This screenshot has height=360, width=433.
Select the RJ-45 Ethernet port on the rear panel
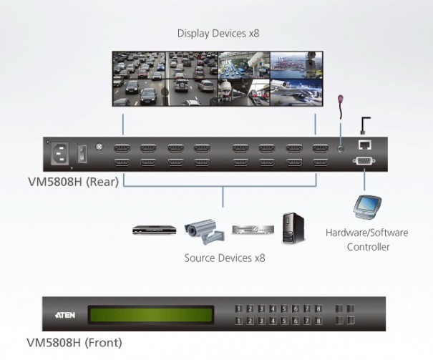[x=364, y=146]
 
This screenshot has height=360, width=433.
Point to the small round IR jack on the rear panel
[x=341, y=149]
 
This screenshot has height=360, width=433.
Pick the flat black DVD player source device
[x=153, y=230]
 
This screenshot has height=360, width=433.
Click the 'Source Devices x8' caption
[x=224, y=258]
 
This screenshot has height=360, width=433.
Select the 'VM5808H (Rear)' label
[x=75, y=183]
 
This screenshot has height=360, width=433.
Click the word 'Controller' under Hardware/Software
[x=368, y=247]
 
